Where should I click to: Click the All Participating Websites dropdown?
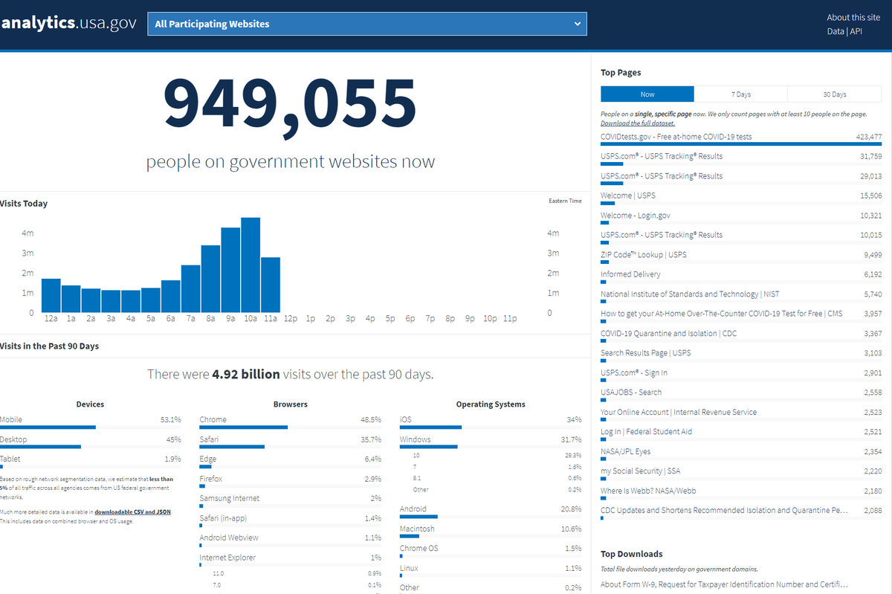click(x=367, y=24)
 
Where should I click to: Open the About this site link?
click(x=853, y=17)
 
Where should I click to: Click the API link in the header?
click(x=857, y=31)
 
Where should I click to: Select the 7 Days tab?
click(x=740, y=94)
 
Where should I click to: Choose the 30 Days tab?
click(x=834, y=94)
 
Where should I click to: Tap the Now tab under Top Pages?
click(x=647, y=94)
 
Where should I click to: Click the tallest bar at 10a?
click(x=251, y=265)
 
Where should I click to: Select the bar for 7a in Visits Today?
click(x=190, y=288)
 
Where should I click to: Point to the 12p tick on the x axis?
click(x=290, y=318)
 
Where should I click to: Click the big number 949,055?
click(x=290, y=103)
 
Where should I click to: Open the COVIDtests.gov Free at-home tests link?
click(x=676, y=137)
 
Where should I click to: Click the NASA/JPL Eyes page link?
click(x=625, y=451)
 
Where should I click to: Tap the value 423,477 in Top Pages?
click(x=868, y=137)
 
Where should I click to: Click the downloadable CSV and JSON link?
click(x=132, y=512)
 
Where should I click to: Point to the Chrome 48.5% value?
click(x=370, y=419)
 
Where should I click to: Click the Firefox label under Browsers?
click(x=210, y=479)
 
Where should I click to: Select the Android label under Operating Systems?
click(x=413, y=509)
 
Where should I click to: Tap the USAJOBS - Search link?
click(x=630, y=392)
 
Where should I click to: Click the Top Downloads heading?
click(x=631, y=554)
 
